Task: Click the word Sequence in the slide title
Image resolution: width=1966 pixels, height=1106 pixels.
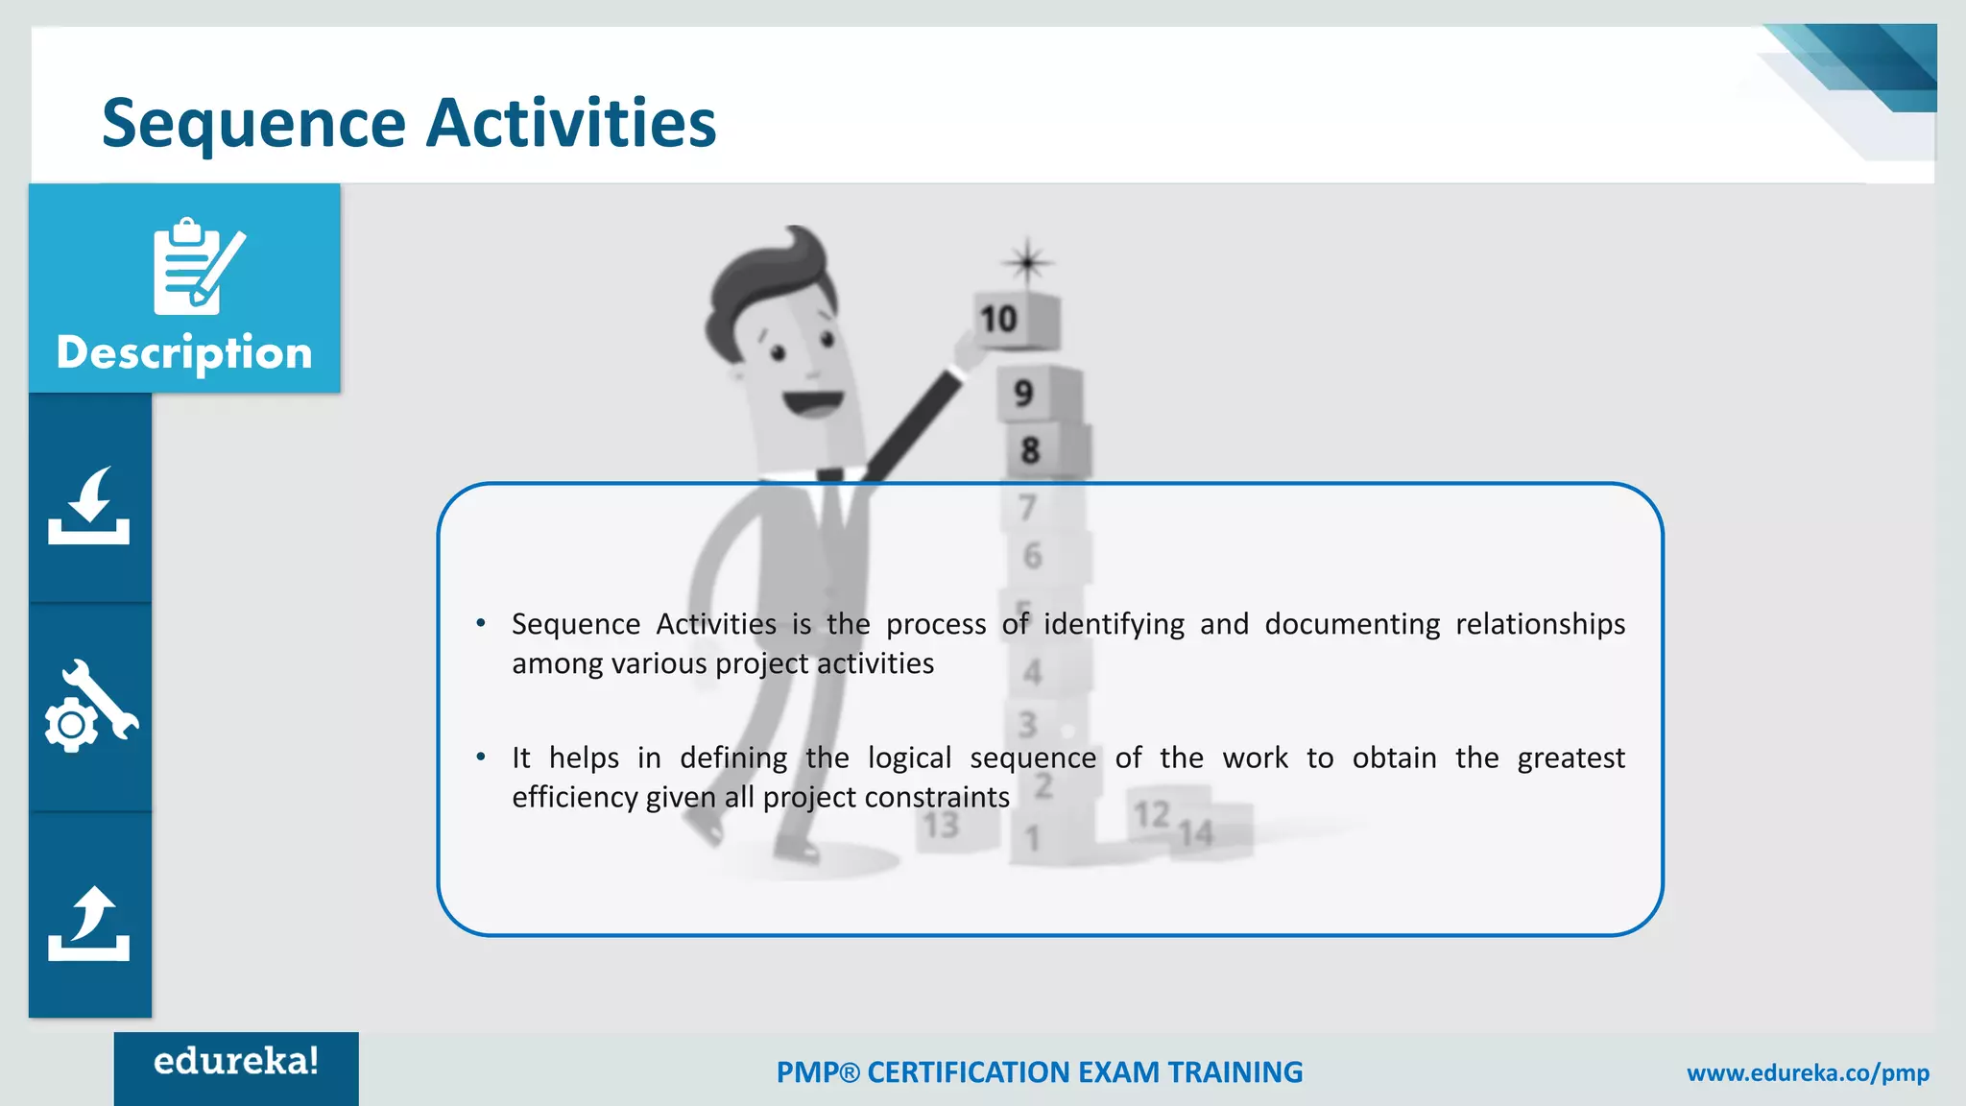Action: pyautogui.click(x=253, y=125)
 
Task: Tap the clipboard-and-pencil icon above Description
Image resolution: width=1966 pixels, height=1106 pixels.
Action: pyautogui.click(x=198, y=267)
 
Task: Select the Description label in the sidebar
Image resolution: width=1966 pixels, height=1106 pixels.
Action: pyautogui.click(x=184, y=353)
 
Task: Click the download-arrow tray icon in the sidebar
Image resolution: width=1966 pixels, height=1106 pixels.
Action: pyautogui.click(x=89, y=506)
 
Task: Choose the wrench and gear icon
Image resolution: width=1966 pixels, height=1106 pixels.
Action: pyautogui.click(x=91, y=707)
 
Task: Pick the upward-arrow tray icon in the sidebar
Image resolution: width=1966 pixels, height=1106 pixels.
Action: pyautogui.click(x=89, y=924)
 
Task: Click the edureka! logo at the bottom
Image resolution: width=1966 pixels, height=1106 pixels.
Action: pyautogui.click(x=236, y=1062)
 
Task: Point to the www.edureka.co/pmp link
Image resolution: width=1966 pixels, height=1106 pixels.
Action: pyautogui.click(x=1808, y=1073)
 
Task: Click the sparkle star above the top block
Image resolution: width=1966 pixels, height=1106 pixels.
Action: pyautogui.click(x=1027, y=261)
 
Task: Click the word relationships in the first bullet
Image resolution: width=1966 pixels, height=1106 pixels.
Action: pyautogui.click(x=1540, y=625)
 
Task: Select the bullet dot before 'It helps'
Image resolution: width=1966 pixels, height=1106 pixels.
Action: pyautogui.click(x=481, y=757)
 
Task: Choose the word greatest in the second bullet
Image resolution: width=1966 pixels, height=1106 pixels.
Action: pyautogui.click(x=1570, y=758)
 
